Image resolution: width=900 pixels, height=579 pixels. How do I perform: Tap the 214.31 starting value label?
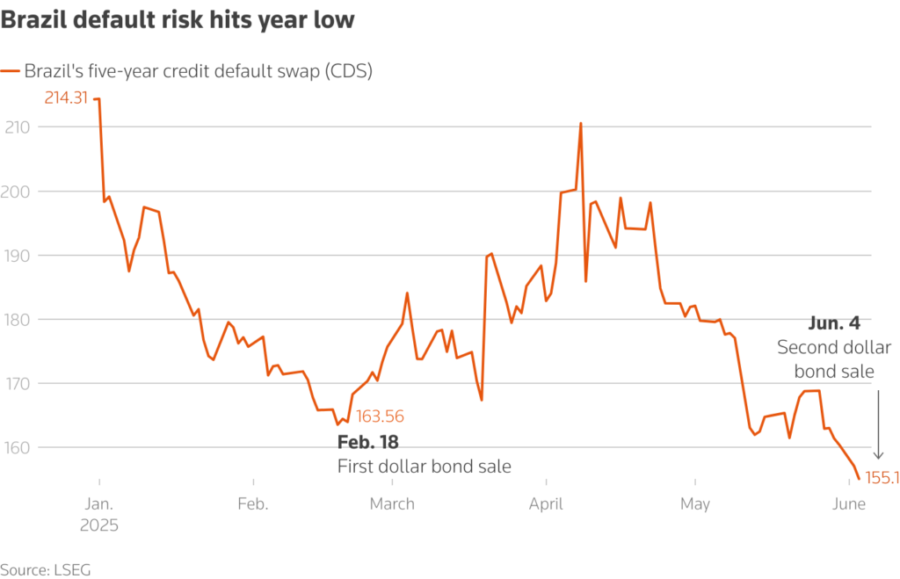pos(67,98)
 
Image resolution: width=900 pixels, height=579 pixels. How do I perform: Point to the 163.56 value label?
pos(380,416)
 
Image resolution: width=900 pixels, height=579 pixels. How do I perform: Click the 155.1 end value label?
pos(882,478)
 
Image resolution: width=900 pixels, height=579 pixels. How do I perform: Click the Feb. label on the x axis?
pos(253,504)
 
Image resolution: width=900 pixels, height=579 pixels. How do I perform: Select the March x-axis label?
pos(392,504)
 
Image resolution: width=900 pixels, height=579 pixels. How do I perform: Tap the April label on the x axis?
pos(547,504)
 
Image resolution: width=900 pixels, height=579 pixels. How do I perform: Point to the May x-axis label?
pos(694,504)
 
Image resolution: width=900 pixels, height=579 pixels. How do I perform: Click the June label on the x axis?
pos(848,504)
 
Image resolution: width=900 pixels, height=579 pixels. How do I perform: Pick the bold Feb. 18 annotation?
pos(367,442)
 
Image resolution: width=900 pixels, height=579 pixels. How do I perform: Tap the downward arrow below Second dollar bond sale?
pos(877,426)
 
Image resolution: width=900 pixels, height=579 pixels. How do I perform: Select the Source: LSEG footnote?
pos(46,569)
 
